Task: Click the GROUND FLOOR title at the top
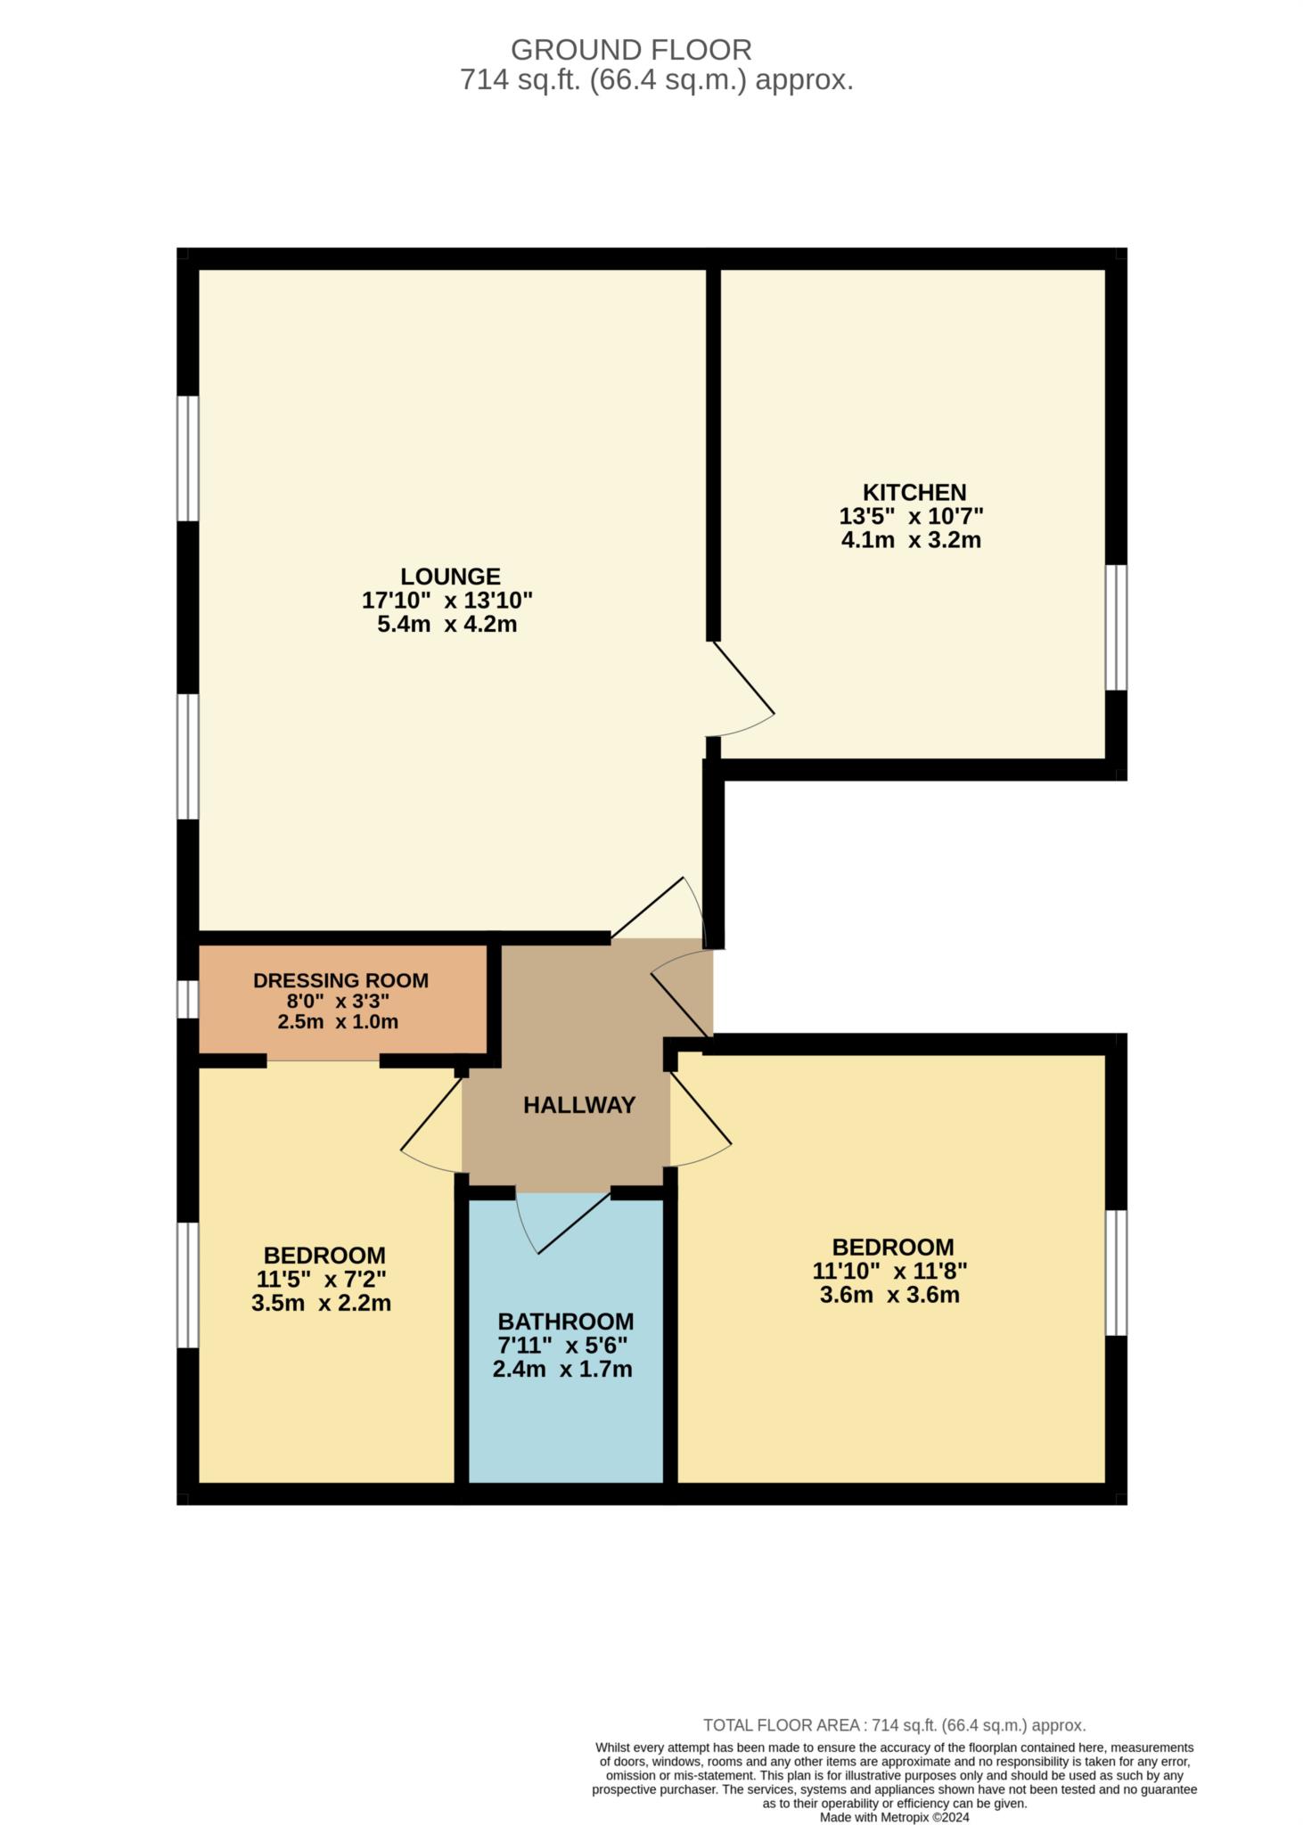point(630,49)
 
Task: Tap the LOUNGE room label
point(449,577)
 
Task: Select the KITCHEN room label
point(914,493)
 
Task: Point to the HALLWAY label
point(578,1105)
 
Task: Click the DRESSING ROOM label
point(340,980)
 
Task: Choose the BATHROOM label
point(565,1322)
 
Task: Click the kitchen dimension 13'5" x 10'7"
point(910,516)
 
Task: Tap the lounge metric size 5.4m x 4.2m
point(447,624)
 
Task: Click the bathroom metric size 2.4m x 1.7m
point(562,1369)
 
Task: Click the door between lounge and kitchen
point(742,691)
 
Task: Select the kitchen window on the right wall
point(1116,627)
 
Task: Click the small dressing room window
point(187,999)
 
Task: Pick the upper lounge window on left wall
point(187,458)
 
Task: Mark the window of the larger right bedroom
point(1116,1273)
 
